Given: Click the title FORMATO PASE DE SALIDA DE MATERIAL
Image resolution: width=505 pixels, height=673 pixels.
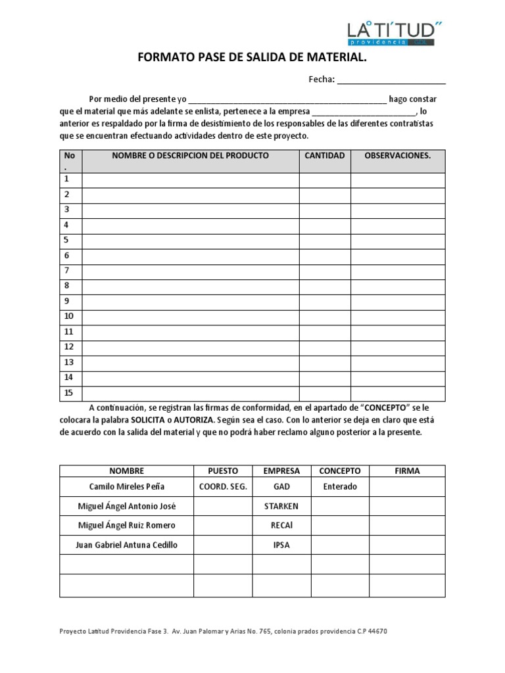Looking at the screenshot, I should pos(251,59).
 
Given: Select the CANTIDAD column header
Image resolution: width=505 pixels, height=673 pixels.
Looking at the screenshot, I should pos(324,156).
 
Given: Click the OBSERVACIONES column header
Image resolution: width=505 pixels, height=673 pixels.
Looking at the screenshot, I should pos(397,156).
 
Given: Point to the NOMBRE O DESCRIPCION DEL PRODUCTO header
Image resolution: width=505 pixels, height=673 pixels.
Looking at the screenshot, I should pos(190,156).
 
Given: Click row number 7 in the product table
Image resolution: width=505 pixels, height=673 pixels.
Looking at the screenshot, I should pos(66,270).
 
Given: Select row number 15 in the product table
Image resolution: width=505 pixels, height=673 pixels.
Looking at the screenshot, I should pos(68,392).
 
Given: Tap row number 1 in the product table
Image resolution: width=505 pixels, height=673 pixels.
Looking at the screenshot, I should pos(66,179).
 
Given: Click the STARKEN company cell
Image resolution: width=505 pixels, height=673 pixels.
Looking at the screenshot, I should pos(281,506).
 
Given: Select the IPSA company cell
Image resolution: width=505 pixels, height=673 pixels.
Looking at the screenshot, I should pos(281,545).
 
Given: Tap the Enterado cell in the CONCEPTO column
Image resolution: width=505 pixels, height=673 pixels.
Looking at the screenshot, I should pos(339,487).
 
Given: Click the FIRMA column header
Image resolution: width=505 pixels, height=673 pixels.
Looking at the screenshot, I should pos(406,471).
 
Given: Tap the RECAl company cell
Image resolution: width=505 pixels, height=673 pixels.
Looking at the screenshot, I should pos(281,525).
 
